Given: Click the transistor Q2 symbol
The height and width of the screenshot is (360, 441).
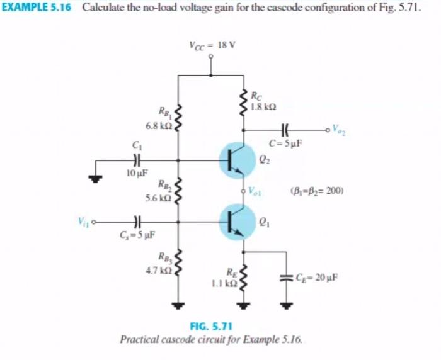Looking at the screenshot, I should coord(237,160).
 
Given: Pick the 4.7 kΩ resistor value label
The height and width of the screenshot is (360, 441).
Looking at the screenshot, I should coord(157,271).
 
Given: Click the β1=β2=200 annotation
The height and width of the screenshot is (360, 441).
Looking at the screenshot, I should coord(316,189).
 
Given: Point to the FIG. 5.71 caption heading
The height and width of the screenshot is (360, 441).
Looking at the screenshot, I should coord(211,325).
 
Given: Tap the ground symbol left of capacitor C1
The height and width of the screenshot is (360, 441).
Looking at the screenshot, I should coord(96,178).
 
